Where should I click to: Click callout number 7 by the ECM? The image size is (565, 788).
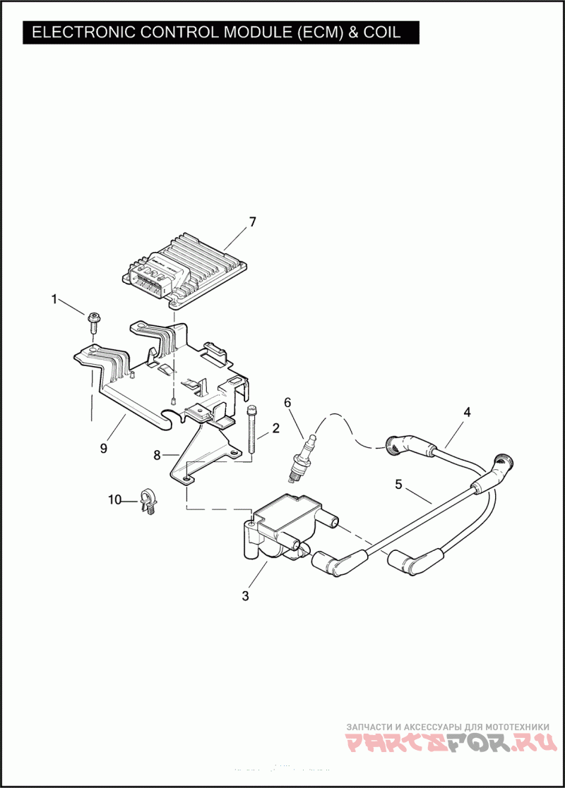click(x=252, y=222)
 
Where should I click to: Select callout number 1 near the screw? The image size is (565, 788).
click(x=54, y=299)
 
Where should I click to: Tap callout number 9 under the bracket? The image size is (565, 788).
click(x=104, y=448)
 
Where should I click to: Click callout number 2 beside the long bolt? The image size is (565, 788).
click(x=275, y=427)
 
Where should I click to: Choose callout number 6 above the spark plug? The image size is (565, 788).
click(x=287, y=402)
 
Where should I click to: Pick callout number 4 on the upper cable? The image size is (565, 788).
click(x=466, y=411)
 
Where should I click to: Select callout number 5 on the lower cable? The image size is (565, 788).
click(x=398, y=485)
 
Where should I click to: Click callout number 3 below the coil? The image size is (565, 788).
click(x=245, y=595)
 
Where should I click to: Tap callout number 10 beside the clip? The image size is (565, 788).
click(x=114, y=500)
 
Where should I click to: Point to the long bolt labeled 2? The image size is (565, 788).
click(x=251, y=430)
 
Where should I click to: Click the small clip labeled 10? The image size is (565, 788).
click(x=150, y=501)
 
